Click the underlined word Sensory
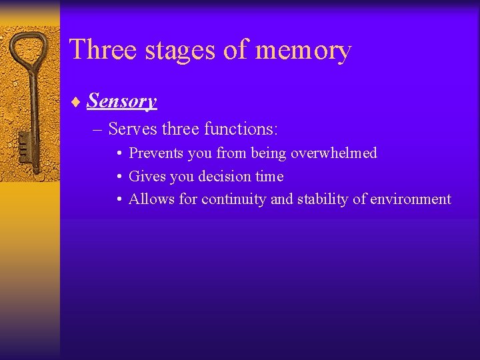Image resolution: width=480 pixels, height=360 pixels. coord(122,101)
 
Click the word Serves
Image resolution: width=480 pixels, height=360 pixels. coord(133,127)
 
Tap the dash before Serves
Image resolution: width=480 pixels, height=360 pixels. coord(99,128)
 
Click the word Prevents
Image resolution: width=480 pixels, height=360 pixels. coord(157,153)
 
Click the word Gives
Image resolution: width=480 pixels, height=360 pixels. coord(145,177)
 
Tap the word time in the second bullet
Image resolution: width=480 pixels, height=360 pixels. coord(270,177)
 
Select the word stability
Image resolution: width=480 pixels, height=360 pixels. coord(318,199)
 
